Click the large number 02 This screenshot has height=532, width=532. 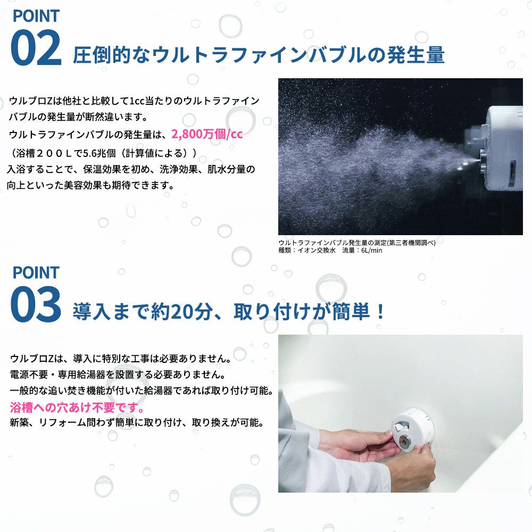(x=36, y=48)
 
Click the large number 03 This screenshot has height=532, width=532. (x=36, y=305)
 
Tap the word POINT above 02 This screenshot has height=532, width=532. (x=36, y=15)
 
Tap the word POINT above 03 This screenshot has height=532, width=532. (x=36, y=272)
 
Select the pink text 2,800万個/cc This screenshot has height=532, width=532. (x=207, y=134)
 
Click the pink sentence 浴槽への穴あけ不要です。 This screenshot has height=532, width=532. (x=77, y=408)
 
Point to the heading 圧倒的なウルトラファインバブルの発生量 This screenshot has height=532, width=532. (x=259, y=55)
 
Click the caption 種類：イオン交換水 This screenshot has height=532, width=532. (x=307, y=250)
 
